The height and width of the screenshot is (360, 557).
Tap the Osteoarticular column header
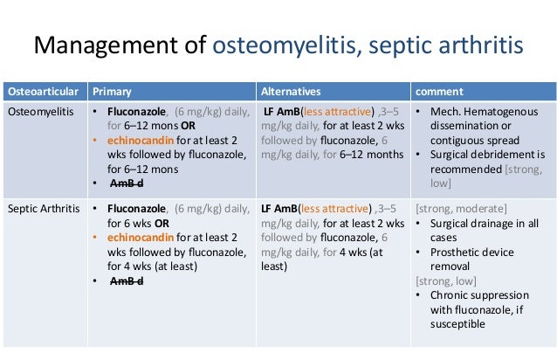tap(43, 91)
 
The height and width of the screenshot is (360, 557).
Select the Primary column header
tap(112, 91)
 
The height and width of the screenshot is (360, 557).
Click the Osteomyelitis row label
tap(41, 112)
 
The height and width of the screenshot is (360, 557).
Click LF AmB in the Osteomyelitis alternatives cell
tap(280, 112)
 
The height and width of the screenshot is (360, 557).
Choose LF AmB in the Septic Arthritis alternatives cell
tap(278, 209)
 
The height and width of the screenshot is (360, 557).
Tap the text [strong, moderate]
tap(462, 209)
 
